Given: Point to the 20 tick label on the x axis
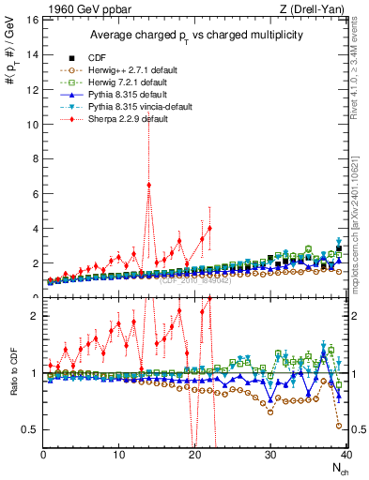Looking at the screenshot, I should click(194, 455).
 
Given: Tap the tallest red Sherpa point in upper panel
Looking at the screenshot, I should click(148, 185).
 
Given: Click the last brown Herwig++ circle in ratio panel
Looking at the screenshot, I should click(338, 426).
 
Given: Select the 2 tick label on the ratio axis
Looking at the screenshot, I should click(34, 316).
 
